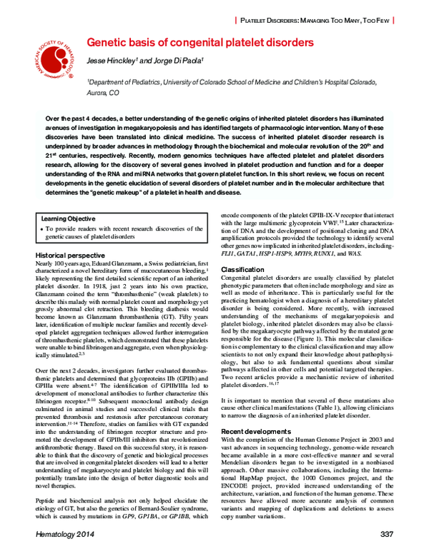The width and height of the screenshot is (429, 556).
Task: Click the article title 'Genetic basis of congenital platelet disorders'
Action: pos(200,43)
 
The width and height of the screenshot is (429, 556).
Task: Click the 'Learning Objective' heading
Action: pos(68,218)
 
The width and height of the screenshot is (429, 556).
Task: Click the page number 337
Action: pos(387,534)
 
